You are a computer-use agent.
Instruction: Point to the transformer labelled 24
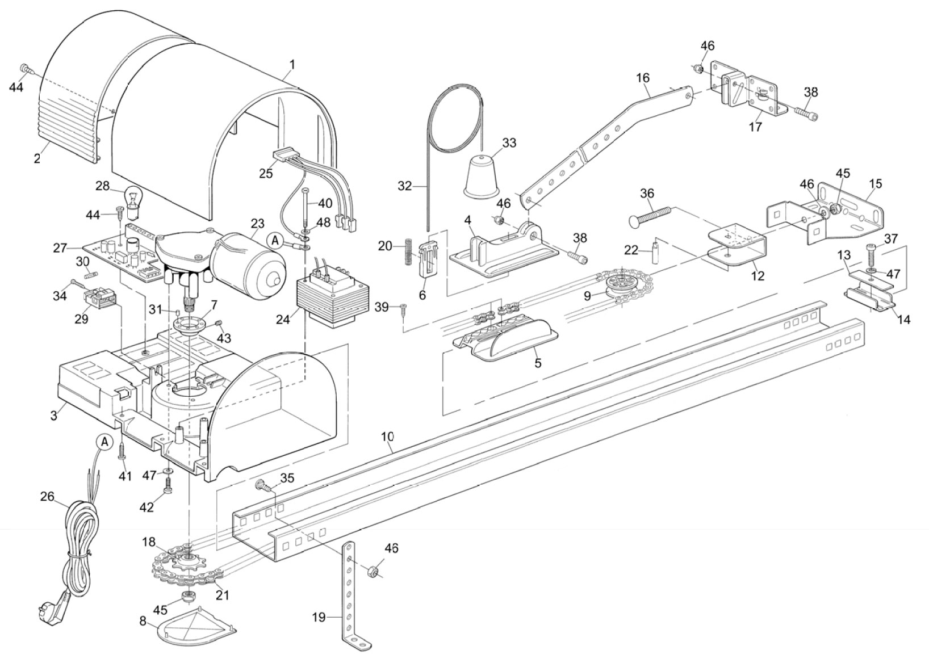(332, 301)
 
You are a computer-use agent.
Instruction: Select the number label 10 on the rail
(387, 437)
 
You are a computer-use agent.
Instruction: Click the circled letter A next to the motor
(276, 241)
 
